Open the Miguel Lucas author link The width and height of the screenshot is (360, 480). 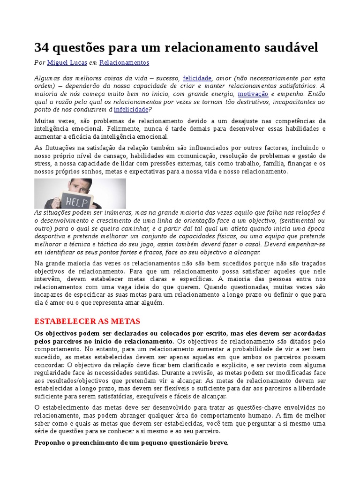[67, 62]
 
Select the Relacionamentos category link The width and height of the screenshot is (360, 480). [124, 62]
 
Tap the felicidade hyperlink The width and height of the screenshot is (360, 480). [197, 78]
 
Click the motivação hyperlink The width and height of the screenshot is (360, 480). [253, 94]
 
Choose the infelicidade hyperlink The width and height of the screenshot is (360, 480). [131, 110]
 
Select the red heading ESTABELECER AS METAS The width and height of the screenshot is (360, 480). [88, 321]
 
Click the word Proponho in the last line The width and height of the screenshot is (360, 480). [51, 442]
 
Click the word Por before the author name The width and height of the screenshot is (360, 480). [40, 62]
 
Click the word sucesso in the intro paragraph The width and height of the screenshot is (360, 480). [166, 78]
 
